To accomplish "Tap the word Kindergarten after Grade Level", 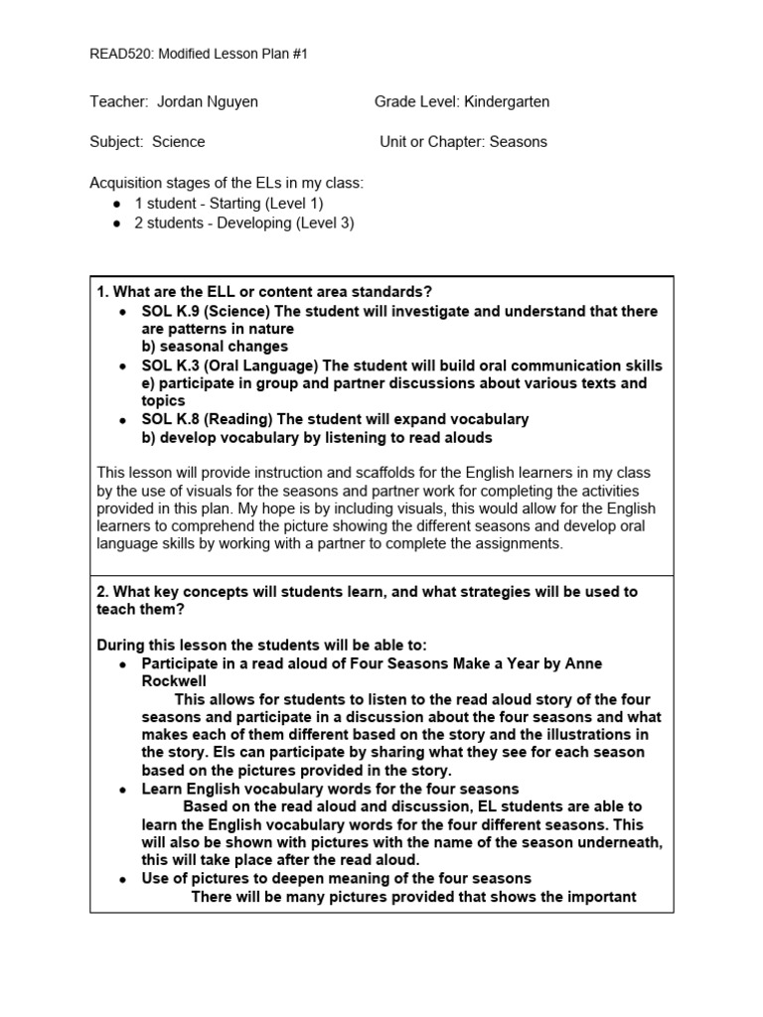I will pyautogui.click(x=507, y=102).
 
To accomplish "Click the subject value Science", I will pyautogui.click(x=179, y=142).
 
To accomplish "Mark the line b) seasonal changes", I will pyautogui.click(x=215, y=347).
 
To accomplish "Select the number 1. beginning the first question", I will pyautogui.click(x=102, y=292).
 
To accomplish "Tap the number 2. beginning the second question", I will pyautogui.click(x=102, y=592).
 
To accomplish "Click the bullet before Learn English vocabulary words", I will pyautogui.click(x=121, y=790).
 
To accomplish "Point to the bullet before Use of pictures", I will pyautogui.click(x=121, y=879).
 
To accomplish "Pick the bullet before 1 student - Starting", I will pyautogui.click(x=117, y=204).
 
